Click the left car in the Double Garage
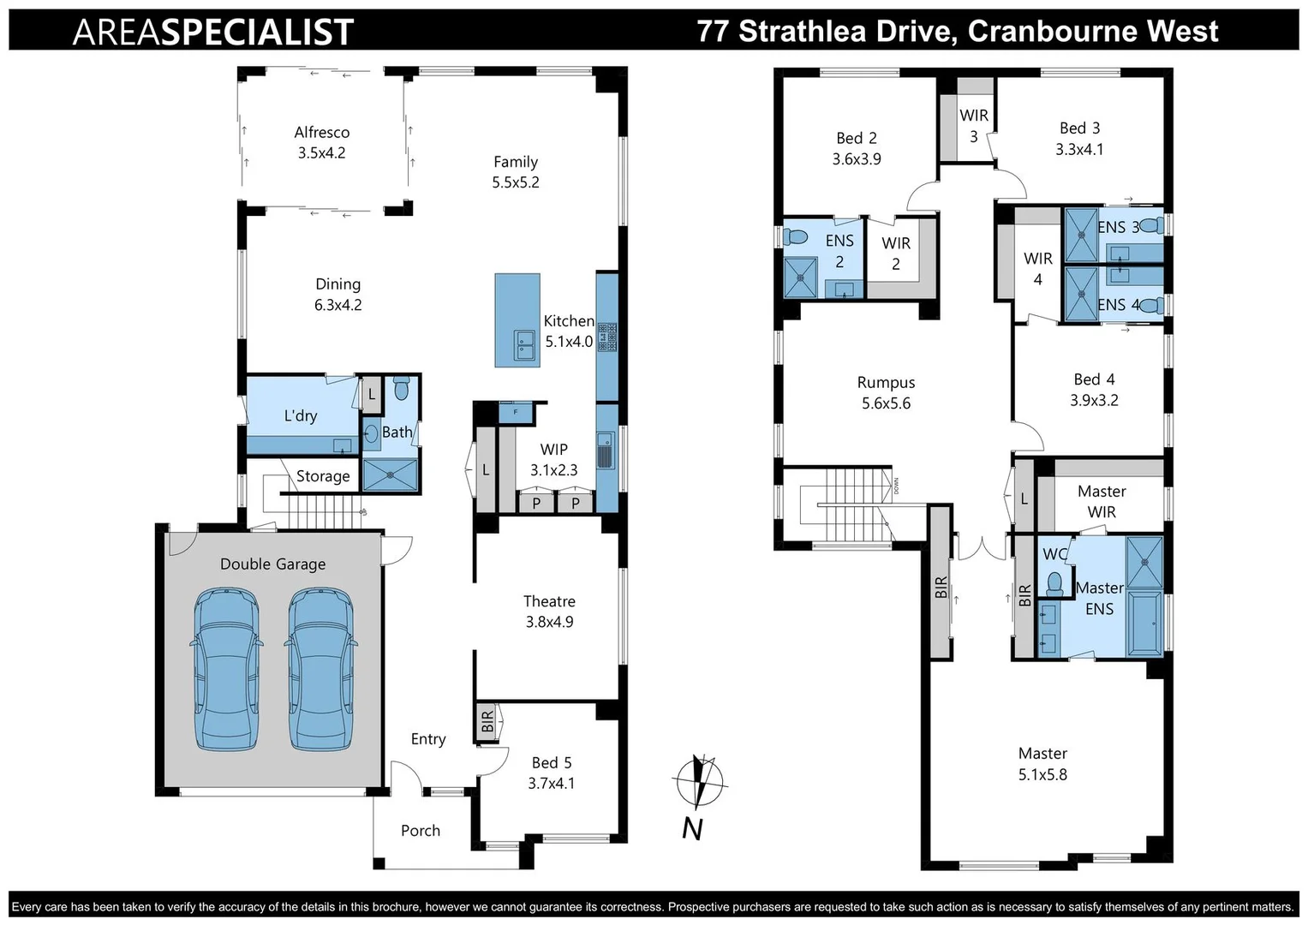coord(225,669)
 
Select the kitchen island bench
coord(517,320)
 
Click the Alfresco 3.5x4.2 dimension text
coord(322,153)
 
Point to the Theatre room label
coord(549,601)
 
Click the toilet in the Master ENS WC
coord(1054,582)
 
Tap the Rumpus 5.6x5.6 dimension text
coord(886,403)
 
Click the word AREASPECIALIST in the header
coord(213,33)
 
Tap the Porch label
coord(421,831)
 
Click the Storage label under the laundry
coord(323,476)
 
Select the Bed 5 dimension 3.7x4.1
coord(552,783)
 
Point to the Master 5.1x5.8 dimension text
coord(1042,774)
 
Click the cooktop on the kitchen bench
coord(607,337)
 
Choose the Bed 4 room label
coord(1094,379)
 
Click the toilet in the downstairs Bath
coord(401,389)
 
